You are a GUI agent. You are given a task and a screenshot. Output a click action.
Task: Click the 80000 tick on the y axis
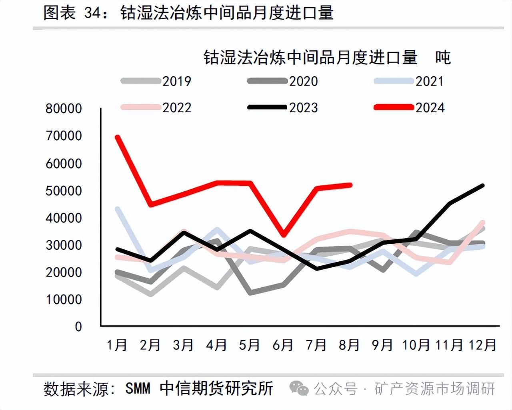point(64,108)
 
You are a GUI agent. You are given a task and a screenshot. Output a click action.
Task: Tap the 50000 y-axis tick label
point(64,191)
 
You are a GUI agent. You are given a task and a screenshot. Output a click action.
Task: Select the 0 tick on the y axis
point(78,326)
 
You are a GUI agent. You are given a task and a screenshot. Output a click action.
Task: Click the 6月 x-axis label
point(283,344)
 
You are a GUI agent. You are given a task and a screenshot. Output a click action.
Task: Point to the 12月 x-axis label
point(482,344)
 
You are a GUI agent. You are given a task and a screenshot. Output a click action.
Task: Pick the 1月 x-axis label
point(117,344)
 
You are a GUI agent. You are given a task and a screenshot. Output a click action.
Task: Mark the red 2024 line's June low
point(284,235)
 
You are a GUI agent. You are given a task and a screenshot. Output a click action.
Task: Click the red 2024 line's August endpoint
point(350,185)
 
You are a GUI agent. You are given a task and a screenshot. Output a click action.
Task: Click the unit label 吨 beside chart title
point(443,58)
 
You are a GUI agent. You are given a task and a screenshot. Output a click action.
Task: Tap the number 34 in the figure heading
point(92,13)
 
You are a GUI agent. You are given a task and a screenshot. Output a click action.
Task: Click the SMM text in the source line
point(138,388)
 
